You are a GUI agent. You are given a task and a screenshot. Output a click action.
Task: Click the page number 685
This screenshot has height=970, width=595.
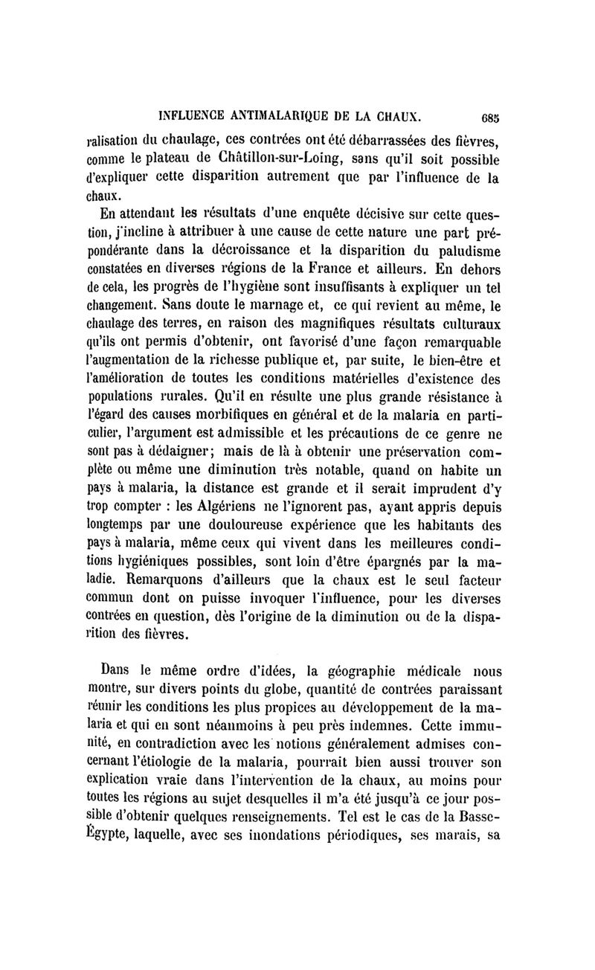point(489,117)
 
